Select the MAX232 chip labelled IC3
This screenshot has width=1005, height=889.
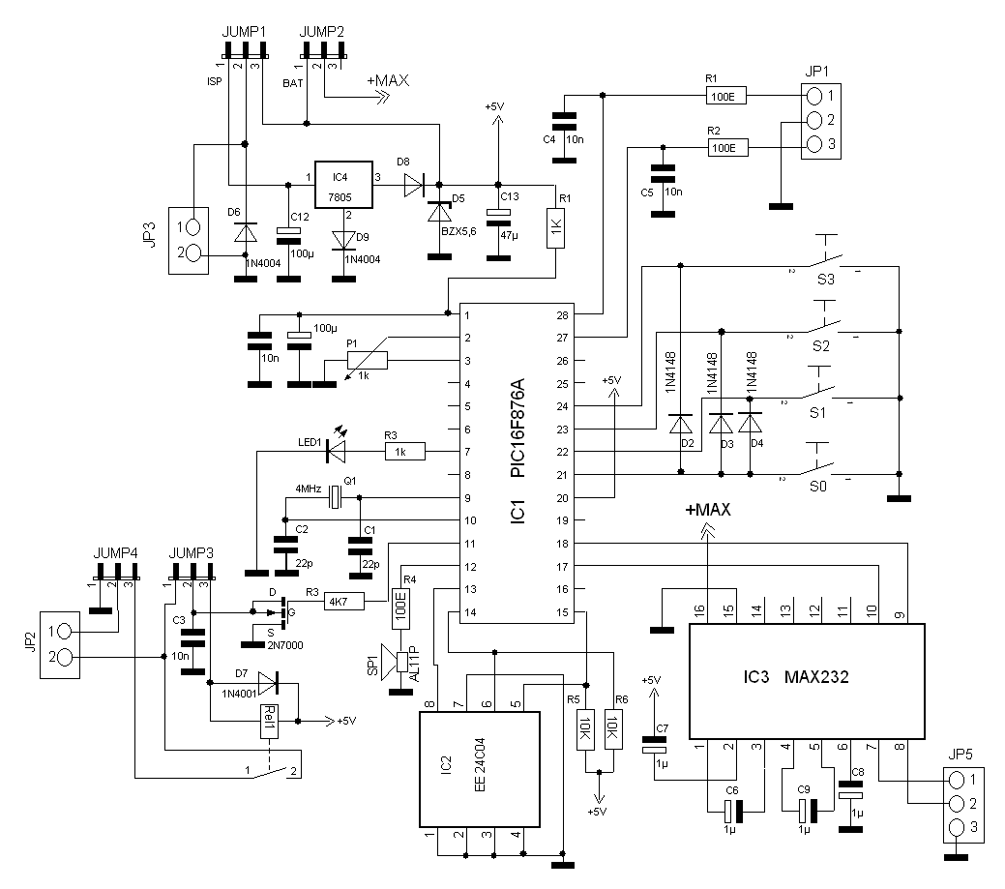806,678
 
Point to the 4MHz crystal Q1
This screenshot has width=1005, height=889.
334,497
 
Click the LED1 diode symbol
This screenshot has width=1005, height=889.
337,451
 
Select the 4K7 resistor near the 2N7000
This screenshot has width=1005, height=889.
343,602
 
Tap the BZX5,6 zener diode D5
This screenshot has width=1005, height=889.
439,211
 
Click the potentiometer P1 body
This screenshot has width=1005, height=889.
367,361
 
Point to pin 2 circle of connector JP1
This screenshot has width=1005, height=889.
814,120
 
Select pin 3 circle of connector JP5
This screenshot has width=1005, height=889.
958,828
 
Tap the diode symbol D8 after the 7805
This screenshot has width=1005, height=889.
414,184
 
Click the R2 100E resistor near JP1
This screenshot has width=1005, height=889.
724,148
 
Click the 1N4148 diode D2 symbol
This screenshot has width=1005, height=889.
681,424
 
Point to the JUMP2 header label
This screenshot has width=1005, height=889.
322,32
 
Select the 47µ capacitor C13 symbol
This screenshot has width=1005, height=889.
497,214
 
